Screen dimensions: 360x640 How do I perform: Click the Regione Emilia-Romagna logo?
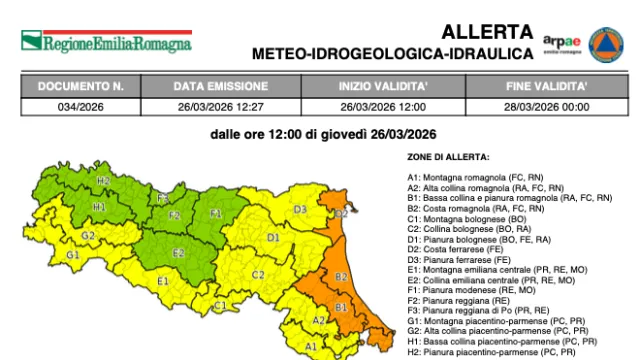(105, 43)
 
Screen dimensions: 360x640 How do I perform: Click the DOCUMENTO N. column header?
(80, 86)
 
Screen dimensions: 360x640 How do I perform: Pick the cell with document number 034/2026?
(80, 104)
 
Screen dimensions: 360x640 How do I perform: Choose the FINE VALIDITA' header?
(546, 86)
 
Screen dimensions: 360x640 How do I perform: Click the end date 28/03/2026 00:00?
(546, 104)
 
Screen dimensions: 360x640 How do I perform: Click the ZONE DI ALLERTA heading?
(448, 158)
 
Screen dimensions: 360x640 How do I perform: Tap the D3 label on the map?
(300, 209)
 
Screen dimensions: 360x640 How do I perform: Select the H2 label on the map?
(103, 181)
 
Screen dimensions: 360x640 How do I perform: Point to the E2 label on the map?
(179, 252)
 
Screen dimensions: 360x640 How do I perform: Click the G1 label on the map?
(72, 255)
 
